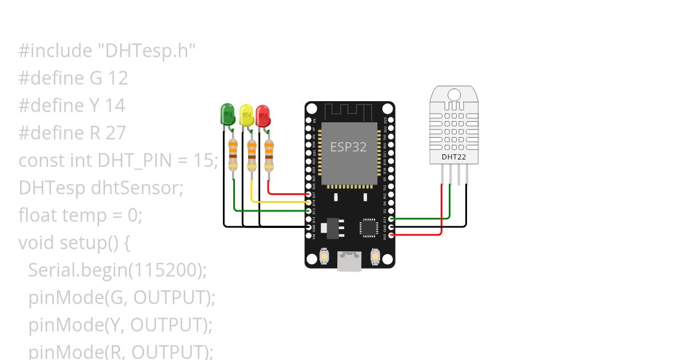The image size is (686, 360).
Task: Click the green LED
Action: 228,114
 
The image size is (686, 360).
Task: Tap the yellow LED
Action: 246,115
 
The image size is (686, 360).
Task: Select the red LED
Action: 263,115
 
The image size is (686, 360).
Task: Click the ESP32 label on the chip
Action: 348,147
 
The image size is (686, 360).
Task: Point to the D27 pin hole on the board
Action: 309,194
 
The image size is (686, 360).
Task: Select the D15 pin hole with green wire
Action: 391,218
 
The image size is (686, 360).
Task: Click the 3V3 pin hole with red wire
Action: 391,234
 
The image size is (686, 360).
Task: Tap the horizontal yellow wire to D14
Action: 280,202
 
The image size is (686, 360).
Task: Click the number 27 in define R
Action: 116,133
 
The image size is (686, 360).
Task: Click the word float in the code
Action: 38,215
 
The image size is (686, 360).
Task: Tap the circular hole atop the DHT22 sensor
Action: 454,94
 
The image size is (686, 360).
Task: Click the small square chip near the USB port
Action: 368,227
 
